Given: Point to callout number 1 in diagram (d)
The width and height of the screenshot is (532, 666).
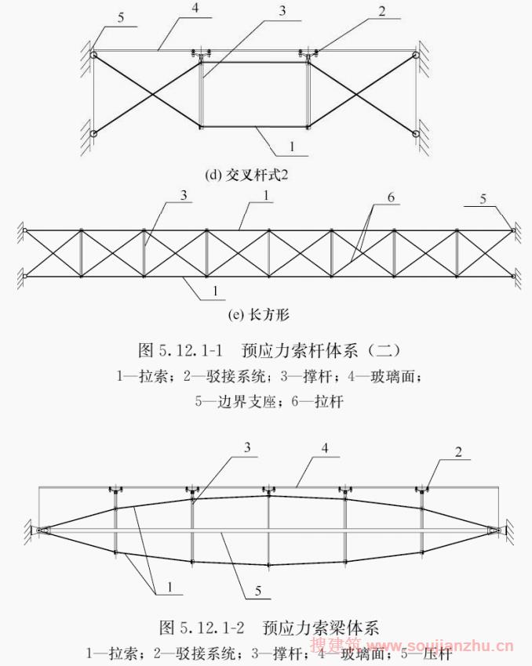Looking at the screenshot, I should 291,147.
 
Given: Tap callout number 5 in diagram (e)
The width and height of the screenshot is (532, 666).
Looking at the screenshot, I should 484,199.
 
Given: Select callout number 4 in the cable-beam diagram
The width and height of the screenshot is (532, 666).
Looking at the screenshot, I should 323,450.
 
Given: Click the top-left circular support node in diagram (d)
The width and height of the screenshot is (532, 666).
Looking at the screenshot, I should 93,56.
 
